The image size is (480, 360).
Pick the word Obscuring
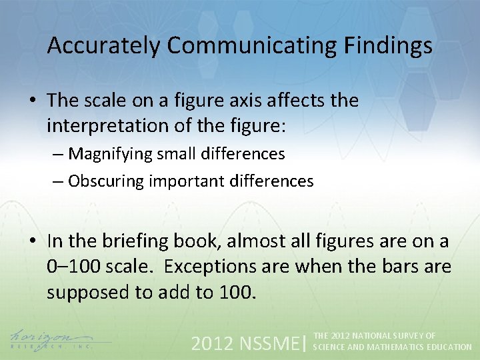pyautogui.click(x=107, y=181)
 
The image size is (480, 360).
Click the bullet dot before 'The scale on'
pyautogui.click(x=33, y=101)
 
